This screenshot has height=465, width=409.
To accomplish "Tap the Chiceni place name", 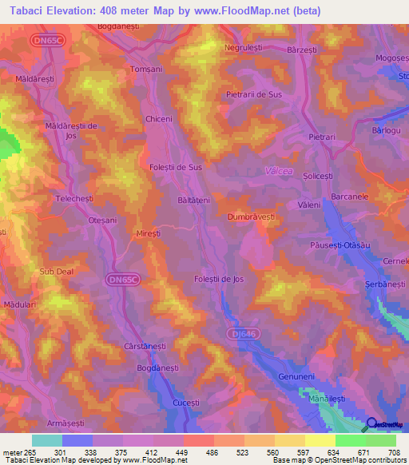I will (x=159, y=119).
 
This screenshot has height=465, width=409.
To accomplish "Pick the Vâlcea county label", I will (x=277, y=170).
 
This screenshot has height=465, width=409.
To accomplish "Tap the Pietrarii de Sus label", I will (x=255, y=93).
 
